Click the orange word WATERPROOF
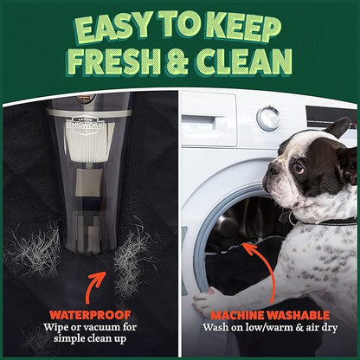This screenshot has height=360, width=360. (90, 314)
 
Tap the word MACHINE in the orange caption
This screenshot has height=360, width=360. (237, 315)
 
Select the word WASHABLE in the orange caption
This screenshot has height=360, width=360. (298, 315)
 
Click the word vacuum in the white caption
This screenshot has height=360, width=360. (105, 327)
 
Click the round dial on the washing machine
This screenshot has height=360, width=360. (268, 119)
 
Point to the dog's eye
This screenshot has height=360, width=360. (299, 168)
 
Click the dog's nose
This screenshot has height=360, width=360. (273, 170)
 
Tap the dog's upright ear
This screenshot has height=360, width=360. (337, 128)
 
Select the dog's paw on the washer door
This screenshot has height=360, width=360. (204, 301)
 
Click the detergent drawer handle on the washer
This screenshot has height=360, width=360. (199, 122)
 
